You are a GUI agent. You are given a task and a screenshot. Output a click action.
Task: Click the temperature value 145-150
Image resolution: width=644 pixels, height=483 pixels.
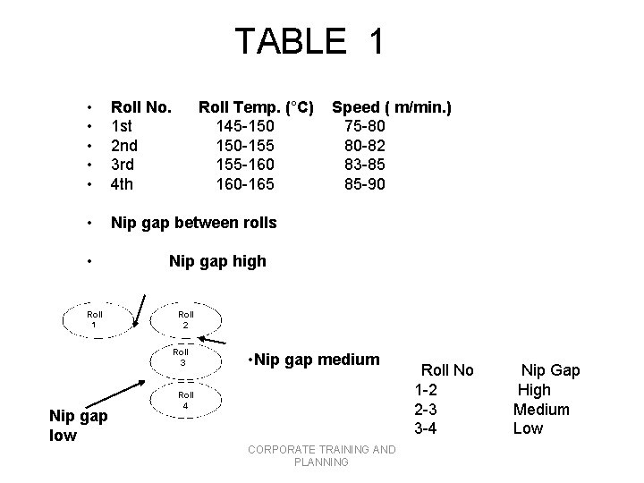point(245,127)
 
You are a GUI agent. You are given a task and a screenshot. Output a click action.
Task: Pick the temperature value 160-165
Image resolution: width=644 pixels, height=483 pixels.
point(245,184)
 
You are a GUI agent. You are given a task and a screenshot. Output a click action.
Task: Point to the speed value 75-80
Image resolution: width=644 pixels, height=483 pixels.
point(364,127)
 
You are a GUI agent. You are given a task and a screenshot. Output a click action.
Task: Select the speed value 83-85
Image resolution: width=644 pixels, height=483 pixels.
point(364,165)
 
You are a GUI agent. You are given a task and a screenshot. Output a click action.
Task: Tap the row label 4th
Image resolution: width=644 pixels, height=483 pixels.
point(123,184)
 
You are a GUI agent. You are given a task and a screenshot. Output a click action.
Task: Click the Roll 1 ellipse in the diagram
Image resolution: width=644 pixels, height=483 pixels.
point(95,319)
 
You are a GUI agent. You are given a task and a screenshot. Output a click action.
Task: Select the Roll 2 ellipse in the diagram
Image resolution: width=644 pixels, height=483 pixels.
point(185,319)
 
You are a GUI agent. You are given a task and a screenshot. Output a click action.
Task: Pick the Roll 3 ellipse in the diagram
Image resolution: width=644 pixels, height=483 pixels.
point(182,358)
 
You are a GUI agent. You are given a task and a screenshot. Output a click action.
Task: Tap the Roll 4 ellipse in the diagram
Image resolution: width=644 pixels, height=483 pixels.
point(185,399)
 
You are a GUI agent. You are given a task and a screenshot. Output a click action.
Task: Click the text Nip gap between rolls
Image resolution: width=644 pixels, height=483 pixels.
point(193,222)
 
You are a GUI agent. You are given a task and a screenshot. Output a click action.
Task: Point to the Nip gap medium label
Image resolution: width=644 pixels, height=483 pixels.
point(313,360)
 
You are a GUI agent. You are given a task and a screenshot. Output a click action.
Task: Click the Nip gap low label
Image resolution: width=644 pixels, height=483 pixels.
point(78,426)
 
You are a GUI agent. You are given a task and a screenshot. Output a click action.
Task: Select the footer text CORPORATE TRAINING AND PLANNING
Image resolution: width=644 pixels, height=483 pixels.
point(321,455)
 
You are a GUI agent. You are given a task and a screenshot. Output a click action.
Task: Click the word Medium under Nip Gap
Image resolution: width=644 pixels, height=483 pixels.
point(541,409)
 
